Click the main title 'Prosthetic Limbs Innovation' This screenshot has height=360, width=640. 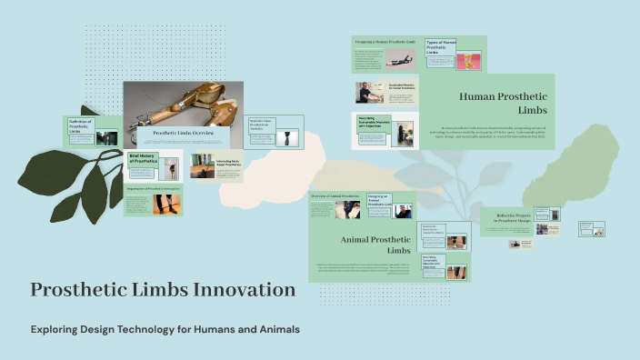(x=163, y=290)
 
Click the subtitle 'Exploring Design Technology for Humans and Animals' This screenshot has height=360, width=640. (x=165, y=328)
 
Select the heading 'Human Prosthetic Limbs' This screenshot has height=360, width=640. (x=502, y=102)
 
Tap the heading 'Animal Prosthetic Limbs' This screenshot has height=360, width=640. (x=375, y=245)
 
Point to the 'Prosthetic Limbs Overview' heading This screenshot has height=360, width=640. (x=184, y=133)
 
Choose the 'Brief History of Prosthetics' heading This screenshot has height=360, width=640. (x=144, y=159)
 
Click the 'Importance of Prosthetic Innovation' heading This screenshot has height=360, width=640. (x=153, y=188)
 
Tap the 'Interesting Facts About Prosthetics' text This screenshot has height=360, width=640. (x=228, y=164)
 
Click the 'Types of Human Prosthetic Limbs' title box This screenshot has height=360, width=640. (x=441, y=47)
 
